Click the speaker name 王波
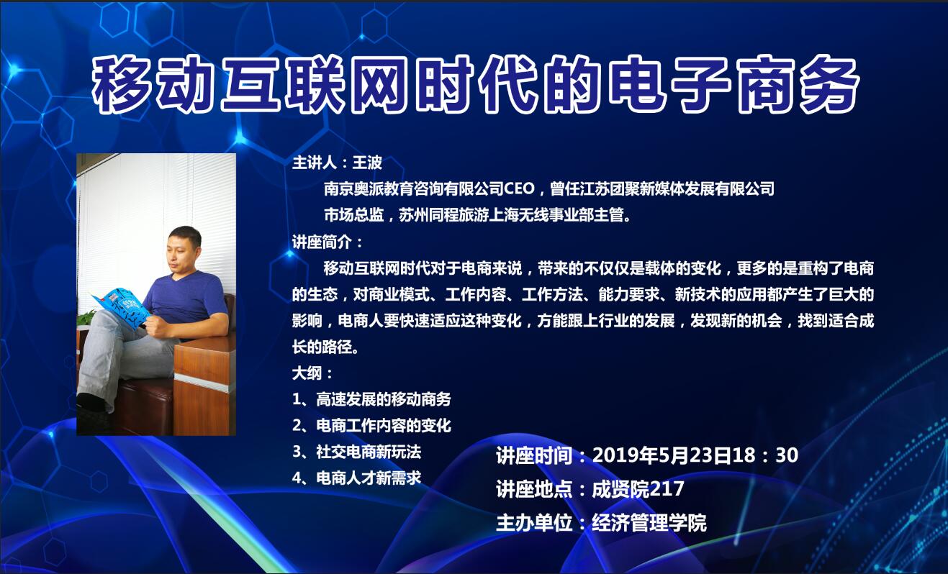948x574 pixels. (x=367, y=163)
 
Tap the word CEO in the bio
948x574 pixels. (x=519, y=188)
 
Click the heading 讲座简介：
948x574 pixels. (x=327, y=242)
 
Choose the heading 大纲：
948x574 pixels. (x=312, y=373)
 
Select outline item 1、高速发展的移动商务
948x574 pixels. (x=371, y=399)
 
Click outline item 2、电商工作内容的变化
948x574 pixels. (x=371, y=426)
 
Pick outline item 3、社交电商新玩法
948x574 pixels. (x=356, y=452)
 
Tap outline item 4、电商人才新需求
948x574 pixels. (x=356, y=478)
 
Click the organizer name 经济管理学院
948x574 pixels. (x=649, y=523)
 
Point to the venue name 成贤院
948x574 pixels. (x=620, y=489)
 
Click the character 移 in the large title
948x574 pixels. (x=122, y=85)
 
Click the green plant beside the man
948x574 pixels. (x=87, y=317)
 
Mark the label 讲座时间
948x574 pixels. (x=534, y=455)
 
